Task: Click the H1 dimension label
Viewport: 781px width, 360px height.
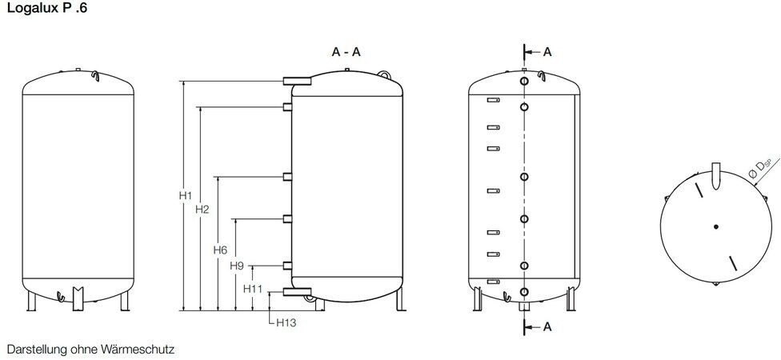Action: pyautogui.click(x=186, y=196)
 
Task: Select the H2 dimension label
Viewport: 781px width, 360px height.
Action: pyautogui.click(x=202, y=209)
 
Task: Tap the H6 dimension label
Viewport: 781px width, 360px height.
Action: pyautogui.click(x=220, y=250)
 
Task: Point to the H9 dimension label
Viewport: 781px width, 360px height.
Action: pyautogui.click(x=237, y=266)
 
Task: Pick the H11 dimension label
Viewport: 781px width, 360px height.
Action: pyautogui.click(x=253, y=288)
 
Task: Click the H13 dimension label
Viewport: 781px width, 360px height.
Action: pyautogui.click(x=286, y=322)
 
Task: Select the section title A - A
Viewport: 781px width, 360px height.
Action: pyautogui.click(x=346, y=52)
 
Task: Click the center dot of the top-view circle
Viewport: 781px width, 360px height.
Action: pyautogui.click(x=715, y=226)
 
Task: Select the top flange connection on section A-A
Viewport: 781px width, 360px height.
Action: pyautogui.click(x=297, y=81)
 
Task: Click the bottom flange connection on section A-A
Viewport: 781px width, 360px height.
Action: pyautogui.click(x=297, y=292)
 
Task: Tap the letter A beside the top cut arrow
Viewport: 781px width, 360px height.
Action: pyautogui.click(x=547, y=52)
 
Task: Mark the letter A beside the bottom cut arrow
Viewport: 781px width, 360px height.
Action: pyautogui.click(x=547, y=326)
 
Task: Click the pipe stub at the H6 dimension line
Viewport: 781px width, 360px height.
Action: pyautogui.click(x=287, y=177)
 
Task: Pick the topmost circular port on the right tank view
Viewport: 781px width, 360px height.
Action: pyautogui.click(x=523, y=81)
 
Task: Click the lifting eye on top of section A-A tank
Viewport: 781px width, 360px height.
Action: pyautogui.click(x=383, y=74)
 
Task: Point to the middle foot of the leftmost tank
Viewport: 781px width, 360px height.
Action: pyautogui.click(x=78, y=298)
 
